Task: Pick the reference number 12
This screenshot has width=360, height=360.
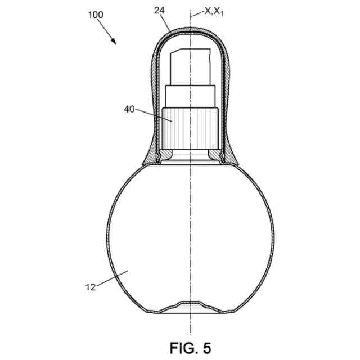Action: (91, 287)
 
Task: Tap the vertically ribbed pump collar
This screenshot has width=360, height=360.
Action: (190, 126)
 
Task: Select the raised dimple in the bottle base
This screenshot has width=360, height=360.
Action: (190, 305)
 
